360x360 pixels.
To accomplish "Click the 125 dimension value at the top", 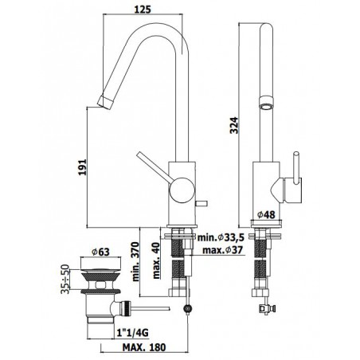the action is click(143, 10).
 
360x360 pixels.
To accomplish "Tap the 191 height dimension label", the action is click(83, 167).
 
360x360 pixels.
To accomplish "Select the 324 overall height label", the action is click(234, 125).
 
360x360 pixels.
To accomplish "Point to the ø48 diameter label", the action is click(266, 214).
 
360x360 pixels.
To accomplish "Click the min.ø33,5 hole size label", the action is click(221, 237).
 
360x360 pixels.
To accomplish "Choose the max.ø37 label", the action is click(222, 250).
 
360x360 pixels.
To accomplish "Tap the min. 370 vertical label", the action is click(135, 261).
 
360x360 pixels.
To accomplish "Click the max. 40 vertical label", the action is click(157, 260).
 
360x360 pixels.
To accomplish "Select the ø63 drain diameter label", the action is click(100, 252).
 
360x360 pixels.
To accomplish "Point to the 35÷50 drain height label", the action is click(65, 279).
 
